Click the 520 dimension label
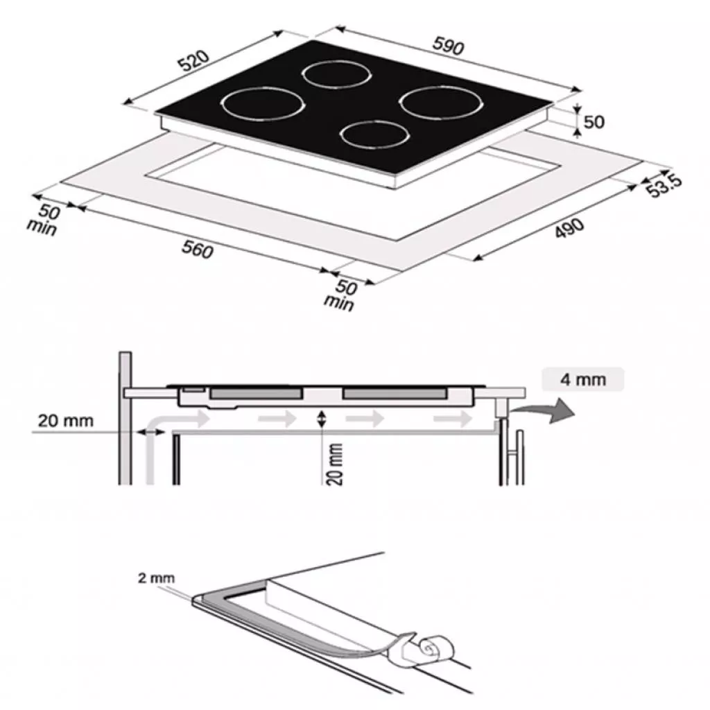[x=194, y=61]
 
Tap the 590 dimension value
[x=449, y=46]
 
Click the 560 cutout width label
[x=198, y=250]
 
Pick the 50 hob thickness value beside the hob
[x=594, y=122]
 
